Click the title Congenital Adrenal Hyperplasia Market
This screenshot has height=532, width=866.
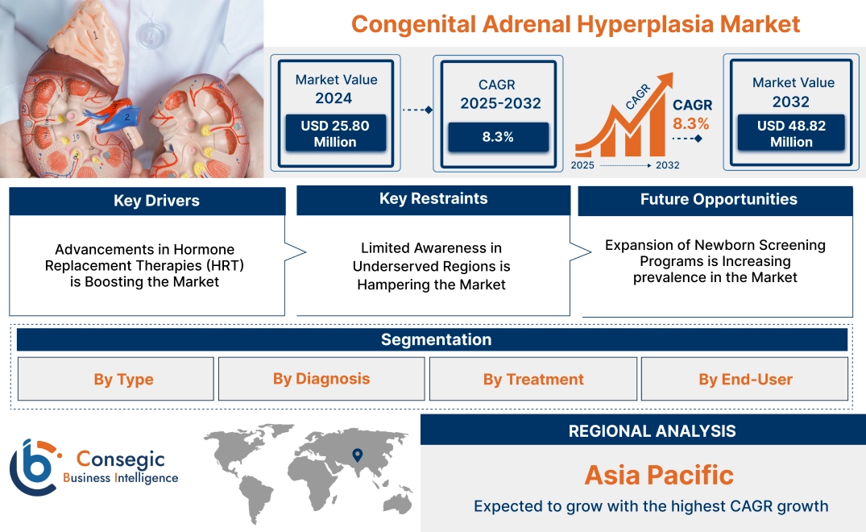pos(575,23)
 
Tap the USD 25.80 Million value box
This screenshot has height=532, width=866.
pos(335,133)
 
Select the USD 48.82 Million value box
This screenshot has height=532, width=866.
pos(792,133)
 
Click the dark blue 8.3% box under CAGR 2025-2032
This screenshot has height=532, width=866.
pos(498,136)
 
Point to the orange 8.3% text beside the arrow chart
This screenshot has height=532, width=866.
pos(691,123)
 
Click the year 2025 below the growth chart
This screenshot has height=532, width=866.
pos(584,165)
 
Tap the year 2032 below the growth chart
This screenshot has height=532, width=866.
pos(667,165)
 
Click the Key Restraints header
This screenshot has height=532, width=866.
pos(433,199)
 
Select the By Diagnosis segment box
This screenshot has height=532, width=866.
pos(321,379)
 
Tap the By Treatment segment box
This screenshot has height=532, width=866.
pos(533,379)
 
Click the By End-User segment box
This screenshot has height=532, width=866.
pos(745,379)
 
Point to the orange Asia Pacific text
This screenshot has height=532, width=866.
pos(658,475)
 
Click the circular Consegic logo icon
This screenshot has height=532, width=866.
pos(33,466)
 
